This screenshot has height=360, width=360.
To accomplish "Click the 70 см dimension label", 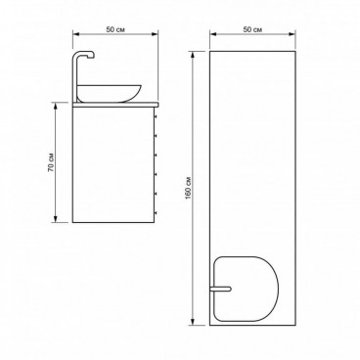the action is [x=51, y=162].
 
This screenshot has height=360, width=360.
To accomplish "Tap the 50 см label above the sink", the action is [x=115, y=29].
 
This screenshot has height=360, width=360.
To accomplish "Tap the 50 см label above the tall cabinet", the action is [x=252, y=29].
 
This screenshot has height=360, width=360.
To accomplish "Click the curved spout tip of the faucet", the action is [x=92, y=56].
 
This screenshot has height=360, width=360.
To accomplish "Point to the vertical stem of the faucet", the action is [x=74, y=78].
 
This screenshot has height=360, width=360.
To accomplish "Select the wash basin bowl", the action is [x=110, y=93].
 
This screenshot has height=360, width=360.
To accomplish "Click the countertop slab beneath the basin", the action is [x=115, y=105].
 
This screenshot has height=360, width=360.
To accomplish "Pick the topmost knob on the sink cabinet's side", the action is [x=156, y=115].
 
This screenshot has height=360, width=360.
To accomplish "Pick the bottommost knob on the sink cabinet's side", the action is [x=156, y=213].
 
